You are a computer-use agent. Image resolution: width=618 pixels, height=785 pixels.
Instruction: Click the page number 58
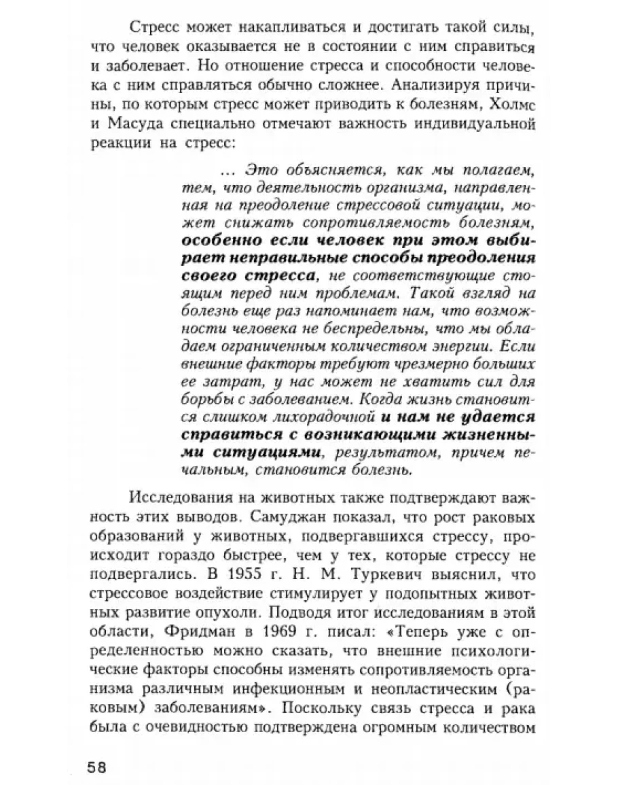[x=97, y=765]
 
